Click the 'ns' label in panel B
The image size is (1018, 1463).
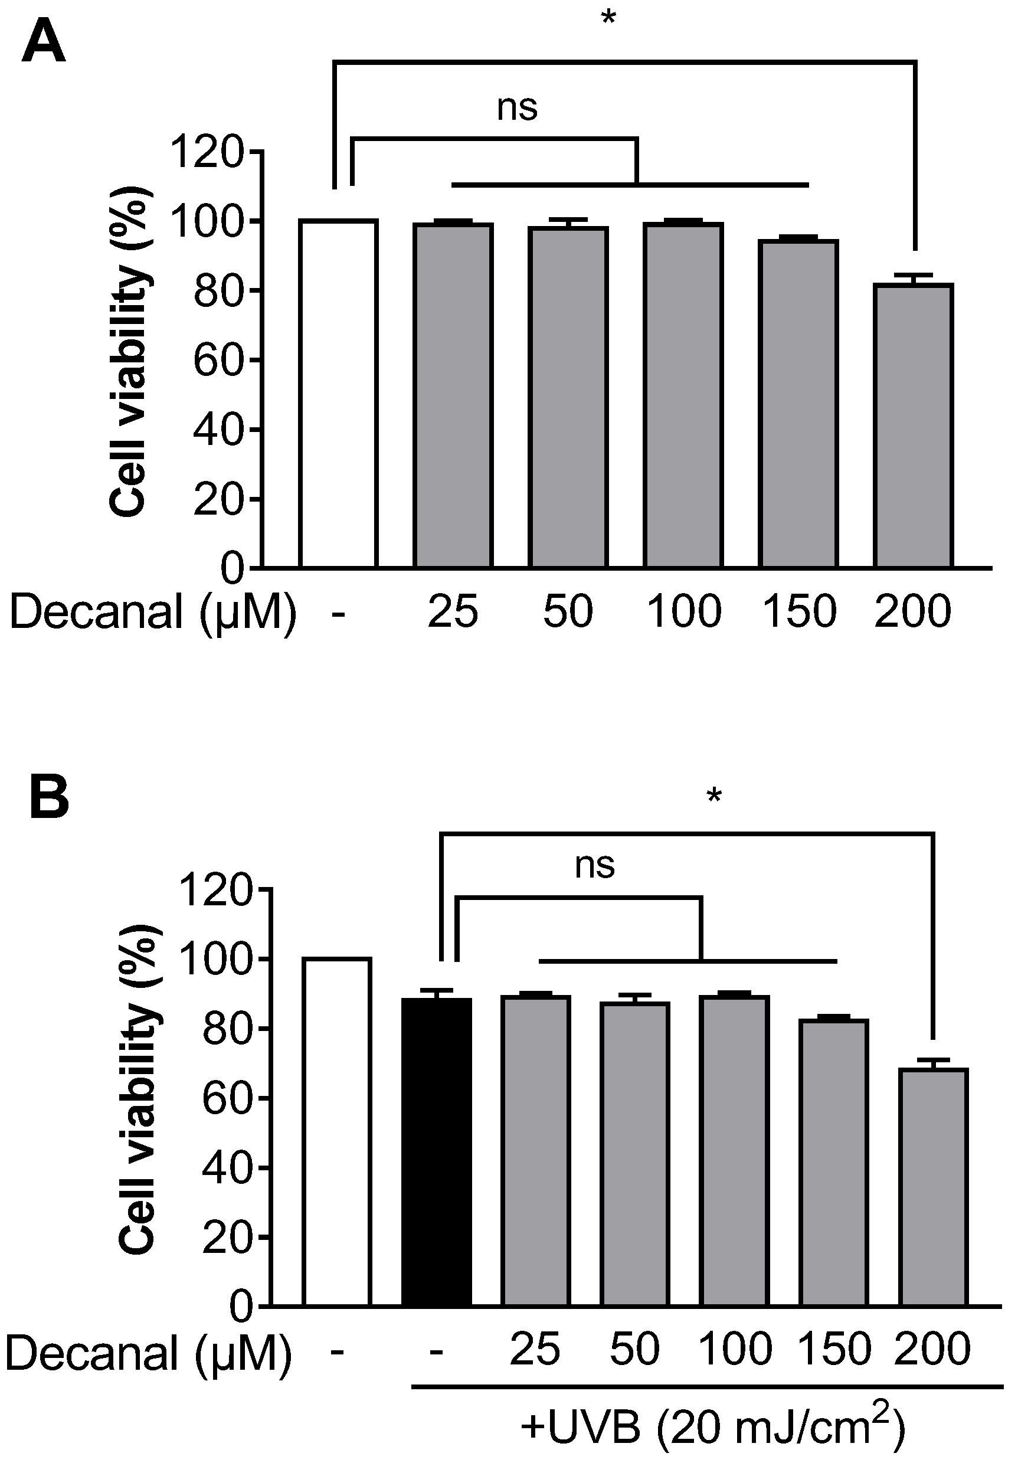[594, 865]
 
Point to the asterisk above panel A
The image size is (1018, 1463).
[608, 18]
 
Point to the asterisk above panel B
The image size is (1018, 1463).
[713, 795]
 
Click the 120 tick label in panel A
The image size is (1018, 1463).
[207, 152]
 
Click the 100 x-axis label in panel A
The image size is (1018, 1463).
[683, 611]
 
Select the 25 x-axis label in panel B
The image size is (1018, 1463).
[535, 1349]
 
